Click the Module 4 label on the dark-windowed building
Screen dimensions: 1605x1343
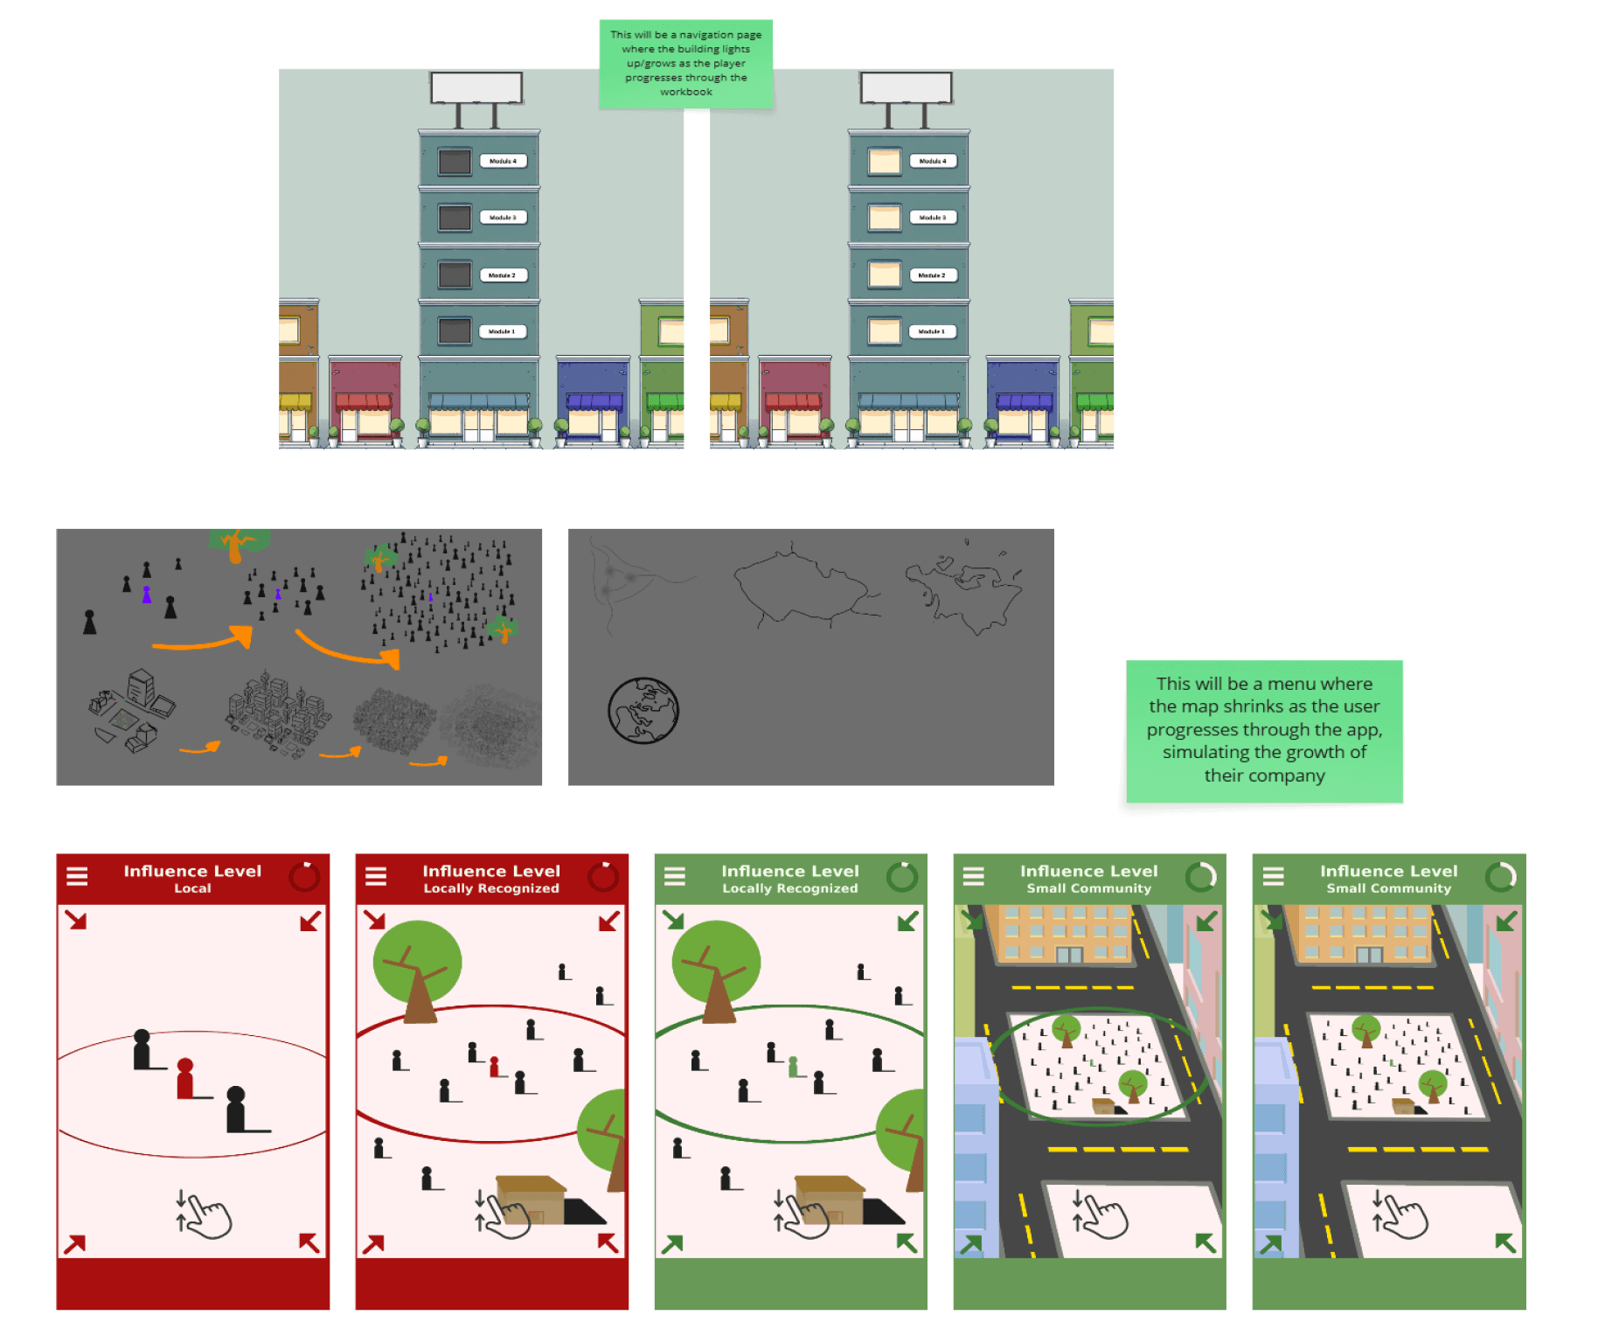(503, 161)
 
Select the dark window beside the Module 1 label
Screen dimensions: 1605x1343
(455, 331)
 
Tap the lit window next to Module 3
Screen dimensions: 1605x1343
(884, 218)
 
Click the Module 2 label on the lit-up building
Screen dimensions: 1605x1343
(932, 275)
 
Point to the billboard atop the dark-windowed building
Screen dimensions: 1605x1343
(476, 88)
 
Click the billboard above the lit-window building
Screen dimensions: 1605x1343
(907, 88)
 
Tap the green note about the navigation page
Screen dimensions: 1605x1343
(686, 64)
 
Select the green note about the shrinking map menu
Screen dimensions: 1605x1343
(1264, 730)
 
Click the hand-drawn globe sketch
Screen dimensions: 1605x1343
(643, 711)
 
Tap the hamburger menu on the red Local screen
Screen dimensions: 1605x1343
(77, 876)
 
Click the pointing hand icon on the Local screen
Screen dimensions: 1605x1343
(206, 1214)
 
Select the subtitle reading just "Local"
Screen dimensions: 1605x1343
(192, 888)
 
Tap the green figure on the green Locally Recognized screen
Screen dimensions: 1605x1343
(793, 1067)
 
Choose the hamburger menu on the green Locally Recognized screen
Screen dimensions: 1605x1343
(675, 876)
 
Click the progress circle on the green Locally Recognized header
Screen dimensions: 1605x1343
(902, 876)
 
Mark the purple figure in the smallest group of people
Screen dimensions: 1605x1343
(147, 595)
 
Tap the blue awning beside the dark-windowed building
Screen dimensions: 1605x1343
(594, 402)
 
